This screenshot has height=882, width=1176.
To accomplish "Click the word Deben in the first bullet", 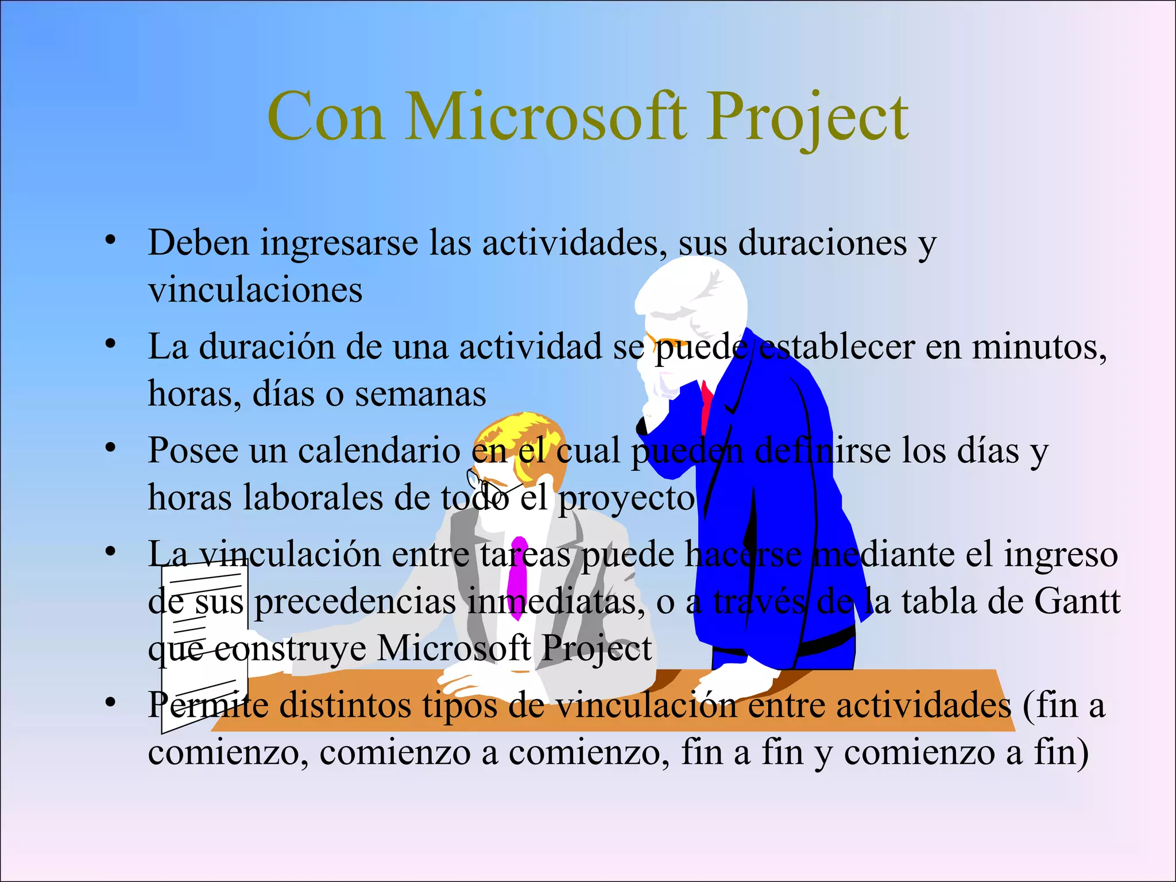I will click(199, 243).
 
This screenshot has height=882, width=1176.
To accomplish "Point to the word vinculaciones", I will click(255, 290).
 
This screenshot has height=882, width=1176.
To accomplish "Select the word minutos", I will click(1039, 347).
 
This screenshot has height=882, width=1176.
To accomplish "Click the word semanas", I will click(420, 394).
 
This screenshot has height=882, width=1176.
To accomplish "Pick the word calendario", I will click(378, 451).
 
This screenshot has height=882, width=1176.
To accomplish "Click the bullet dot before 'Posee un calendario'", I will click(110, 447).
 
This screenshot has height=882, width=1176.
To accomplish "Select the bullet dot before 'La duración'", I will click(110, 343).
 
